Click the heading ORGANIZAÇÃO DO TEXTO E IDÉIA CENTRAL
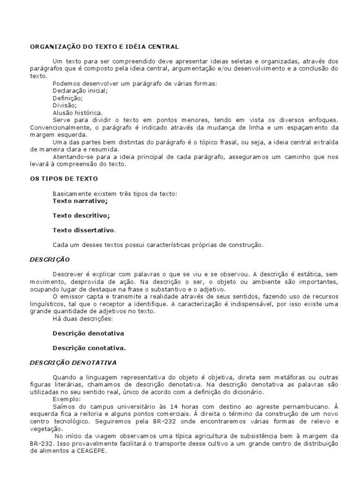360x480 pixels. coord(105,47)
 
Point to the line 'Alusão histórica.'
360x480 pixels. coord(77,113)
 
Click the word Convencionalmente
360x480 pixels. coord(60,127)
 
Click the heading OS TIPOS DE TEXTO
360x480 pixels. coord(64,179)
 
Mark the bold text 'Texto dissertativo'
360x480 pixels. coord(83,230)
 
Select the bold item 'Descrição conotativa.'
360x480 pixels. coord(89,348)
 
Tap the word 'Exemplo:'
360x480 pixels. coord(67,399)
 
